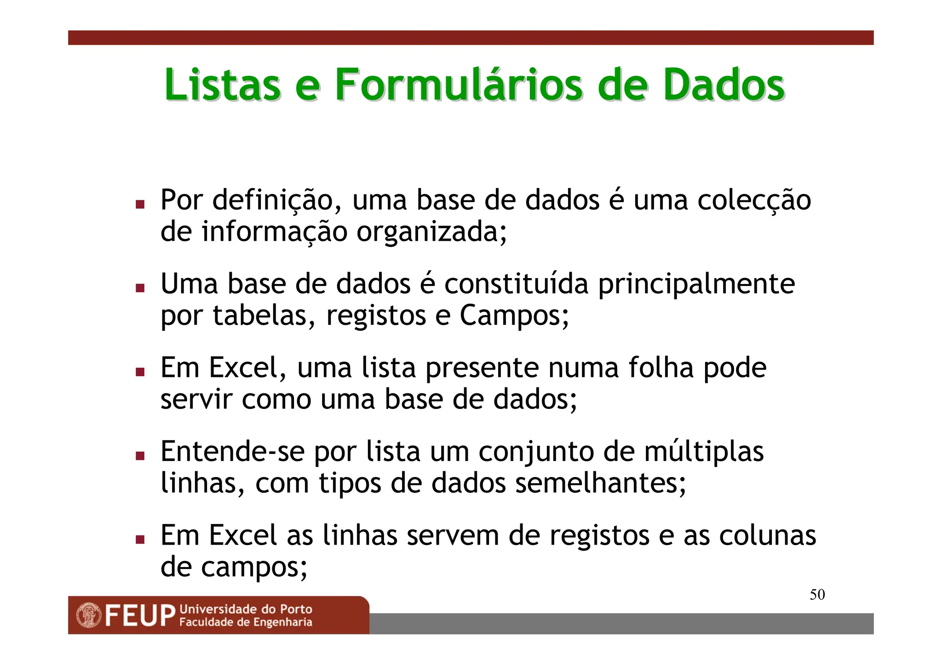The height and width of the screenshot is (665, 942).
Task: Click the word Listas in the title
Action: coord(223,85)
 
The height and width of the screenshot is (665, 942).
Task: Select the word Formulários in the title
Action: coord(459,85)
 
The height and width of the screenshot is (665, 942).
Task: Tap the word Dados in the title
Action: coord(724,85)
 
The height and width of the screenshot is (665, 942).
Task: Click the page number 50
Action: coord(817,595)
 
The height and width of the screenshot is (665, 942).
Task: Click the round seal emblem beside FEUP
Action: coord(89,616)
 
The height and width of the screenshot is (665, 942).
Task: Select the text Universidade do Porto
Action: coord(246,609)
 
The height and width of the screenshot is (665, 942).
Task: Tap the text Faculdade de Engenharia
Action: coord(246,623)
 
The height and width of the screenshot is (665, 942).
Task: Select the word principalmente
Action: coord(696,284)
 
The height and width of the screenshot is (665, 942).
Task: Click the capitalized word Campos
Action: coord(514,316)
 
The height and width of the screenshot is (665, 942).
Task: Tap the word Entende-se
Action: coord(232,452)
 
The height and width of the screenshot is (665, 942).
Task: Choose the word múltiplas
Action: coord(704,452)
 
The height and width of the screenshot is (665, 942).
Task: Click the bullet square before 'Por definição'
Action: coord(140,204)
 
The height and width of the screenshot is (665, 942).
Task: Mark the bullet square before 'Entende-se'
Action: coord(140,455)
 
